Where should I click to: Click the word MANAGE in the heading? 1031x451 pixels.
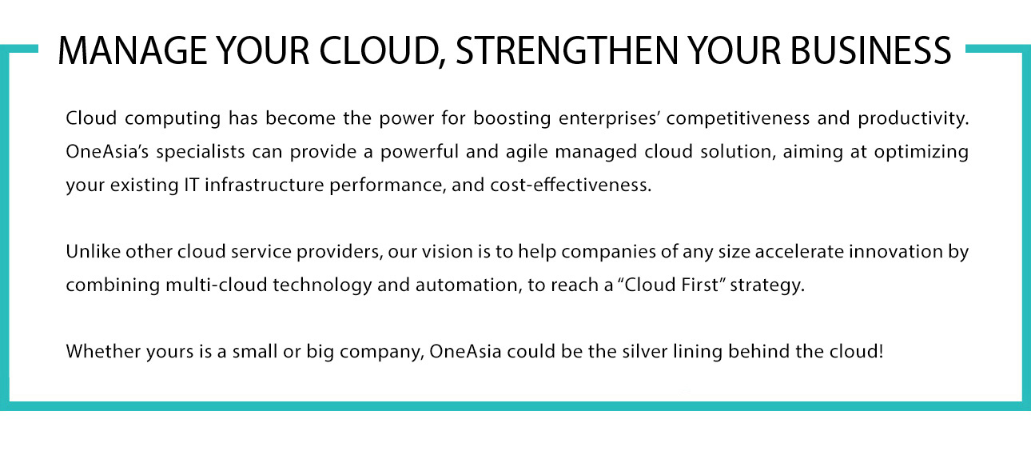[133, 50]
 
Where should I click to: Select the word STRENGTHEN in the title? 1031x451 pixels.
[567, 50]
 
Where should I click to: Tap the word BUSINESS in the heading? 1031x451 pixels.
[870, 50]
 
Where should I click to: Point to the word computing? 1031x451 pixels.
[173, 119]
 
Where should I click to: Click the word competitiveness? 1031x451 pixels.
[738, 118]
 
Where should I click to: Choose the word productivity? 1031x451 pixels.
[914, 118]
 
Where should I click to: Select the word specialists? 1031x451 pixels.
[201, 152]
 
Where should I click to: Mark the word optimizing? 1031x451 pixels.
[922, 152]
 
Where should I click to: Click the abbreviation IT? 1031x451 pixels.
[192, 186]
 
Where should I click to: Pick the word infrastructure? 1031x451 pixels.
[265, 185]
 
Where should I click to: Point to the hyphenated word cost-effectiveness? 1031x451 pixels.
[571, 185]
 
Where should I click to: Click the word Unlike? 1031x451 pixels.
[93, 252]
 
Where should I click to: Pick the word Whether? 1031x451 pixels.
[104, 352]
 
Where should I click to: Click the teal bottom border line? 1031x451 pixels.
[515, 406]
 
